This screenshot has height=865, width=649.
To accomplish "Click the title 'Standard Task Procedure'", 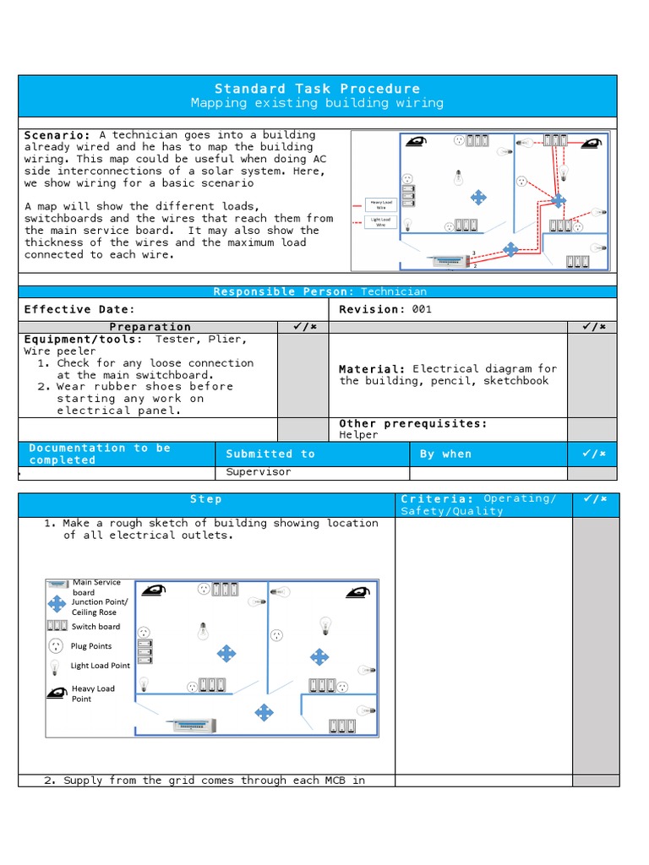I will point(317,89).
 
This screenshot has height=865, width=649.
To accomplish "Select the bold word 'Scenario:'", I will point(57,135).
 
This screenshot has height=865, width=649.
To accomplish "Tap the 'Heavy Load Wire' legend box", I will point(380,204).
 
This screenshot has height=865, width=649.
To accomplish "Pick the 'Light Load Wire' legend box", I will point(380,222).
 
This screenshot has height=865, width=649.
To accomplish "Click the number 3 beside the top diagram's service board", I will point(474,253).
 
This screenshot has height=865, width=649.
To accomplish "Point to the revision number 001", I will point(422,309).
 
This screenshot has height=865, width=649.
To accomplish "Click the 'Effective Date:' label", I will point(79,309).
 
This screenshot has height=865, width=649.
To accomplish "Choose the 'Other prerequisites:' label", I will point(412,423).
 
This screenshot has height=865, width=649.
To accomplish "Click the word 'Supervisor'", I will point(258,472).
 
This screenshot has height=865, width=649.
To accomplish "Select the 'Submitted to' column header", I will point(270,454).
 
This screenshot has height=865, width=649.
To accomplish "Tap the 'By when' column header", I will point(445,454).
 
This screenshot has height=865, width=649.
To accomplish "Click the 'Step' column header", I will point(205,499).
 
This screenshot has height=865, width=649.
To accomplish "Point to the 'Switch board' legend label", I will point(95,627).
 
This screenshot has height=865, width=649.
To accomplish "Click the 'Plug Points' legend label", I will point(91,646).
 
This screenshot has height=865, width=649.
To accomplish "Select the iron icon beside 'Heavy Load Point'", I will point(57,694).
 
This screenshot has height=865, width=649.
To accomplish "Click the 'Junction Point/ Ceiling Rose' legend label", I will point(100,607).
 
